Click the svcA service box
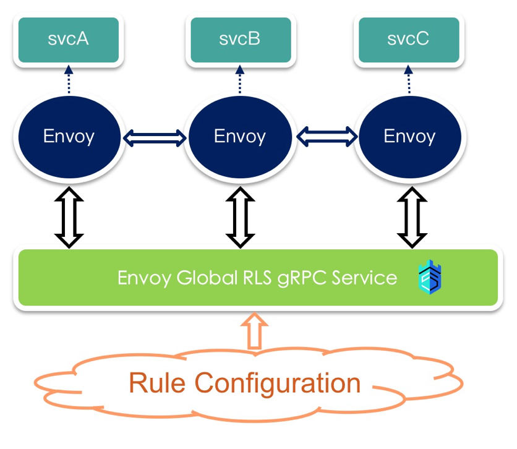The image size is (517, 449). [68, 40]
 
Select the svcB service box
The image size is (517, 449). [240, 40]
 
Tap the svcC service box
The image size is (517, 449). [408, 40]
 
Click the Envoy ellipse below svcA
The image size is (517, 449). [68, 136]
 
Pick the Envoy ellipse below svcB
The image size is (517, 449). [240, 136]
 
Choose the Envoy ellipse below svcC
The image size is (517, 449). [409, 136]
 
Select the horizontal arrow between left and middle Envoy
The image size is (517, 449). [154, 137]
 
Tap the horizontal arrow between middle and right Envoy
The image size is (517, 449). [327, 135]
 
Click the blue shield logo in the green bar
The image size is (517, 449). [430, 278]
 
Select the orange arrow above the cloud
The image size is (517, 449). [254, 330]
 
